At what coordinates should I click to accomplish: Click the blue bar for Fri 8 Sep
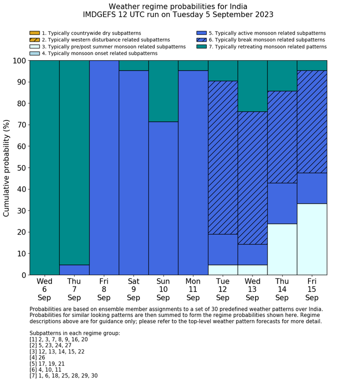click(x=104, y=168)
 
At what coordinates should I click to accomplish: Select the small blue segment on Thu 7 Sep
click(x=74, y=270)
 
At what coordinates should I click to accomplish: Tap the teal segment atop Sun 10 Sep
click(x=163, y=91)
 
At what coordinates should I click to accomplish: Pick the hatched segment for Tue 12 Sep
click(x=223, y=157)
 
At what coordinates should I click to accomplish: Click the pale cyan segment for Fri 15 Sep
click(x=312, y=239)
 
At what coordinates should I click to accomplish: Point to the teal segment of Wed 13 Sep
click(x=253, y=86)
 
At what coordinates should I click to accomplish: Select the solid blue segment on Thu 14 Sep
click(x=282, y=203)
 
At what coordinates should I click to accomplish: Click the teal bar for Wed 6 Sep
click(x=44, y=168)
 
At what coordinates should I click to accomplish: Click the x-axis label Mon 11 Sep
click(x=193, y=289)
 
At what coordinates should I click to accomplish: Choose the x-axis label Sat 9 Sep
click(x=133, y=289)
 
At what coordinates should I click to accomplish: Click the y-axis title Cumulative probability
click(x=7, y=168)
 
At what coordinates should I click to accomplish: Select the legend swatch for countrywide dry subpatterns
click(x=34, y=33)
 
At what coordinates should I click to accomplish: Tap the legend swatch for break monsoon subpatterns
click(x=202, y=40)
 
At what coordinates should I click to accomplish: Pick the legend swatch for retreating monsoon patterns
click(x=202, y=46)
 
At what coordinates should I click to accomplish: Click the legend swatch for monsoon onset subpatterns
click(x=34, y=53)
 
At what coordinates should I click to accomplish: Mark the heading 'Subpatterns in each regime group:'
click(x=75, y=333)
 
